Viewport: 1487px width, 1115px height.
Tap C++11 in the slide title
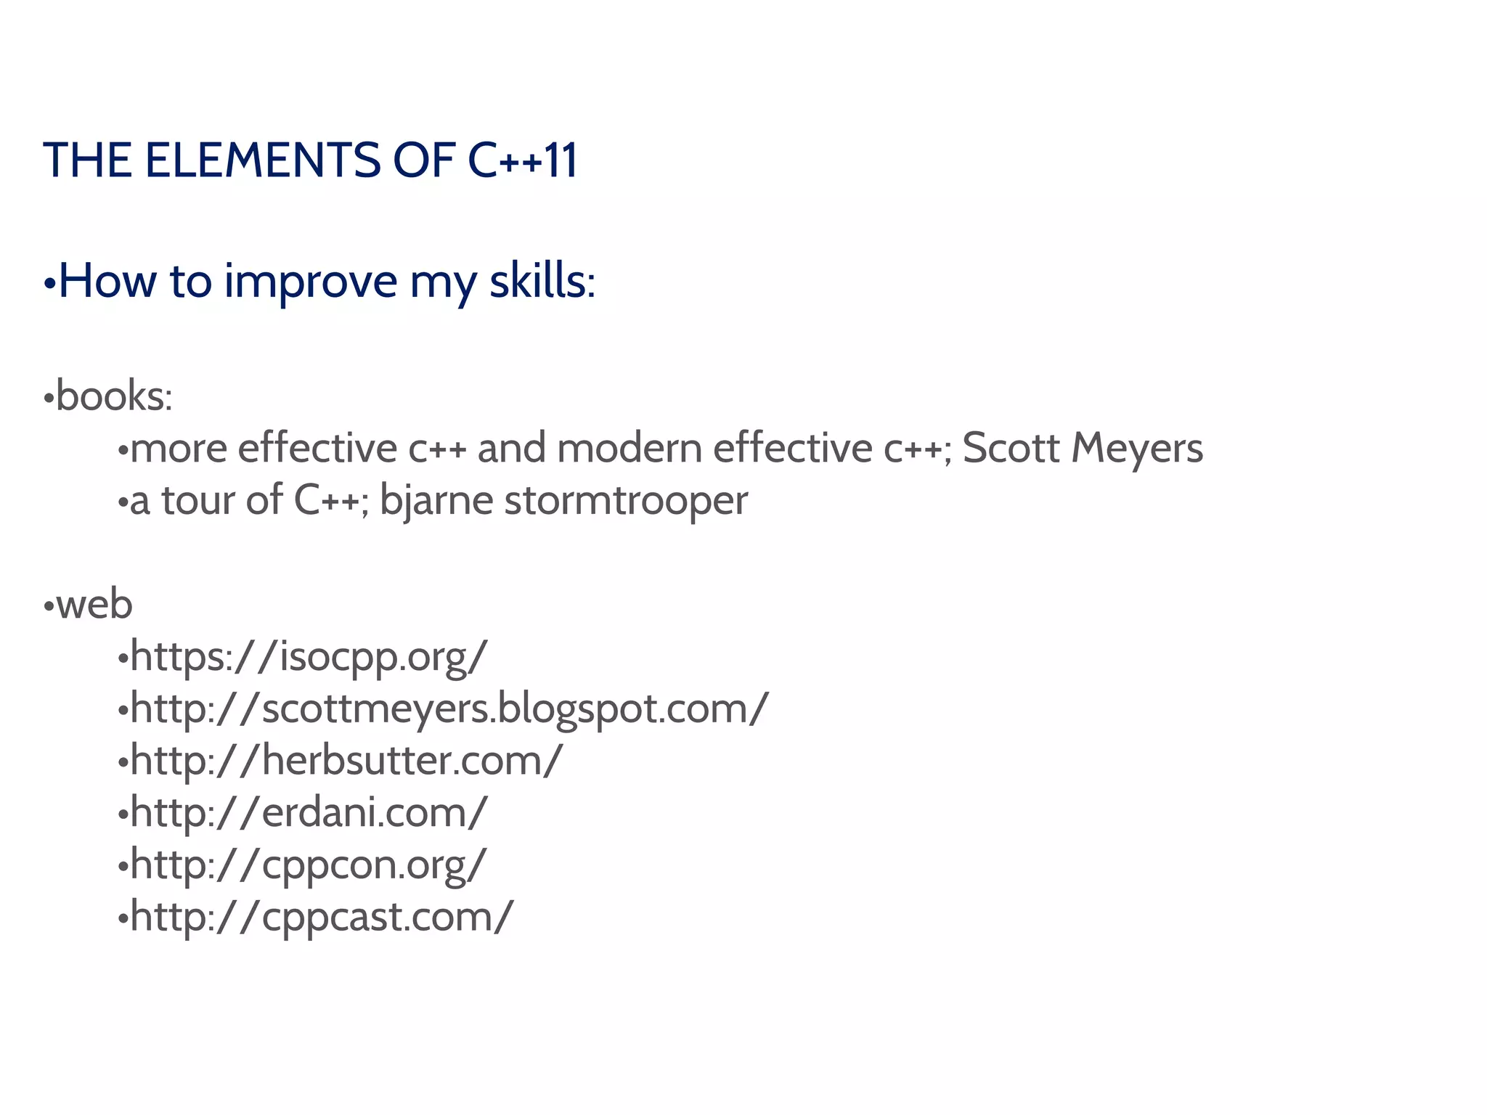click(x=523, y=160)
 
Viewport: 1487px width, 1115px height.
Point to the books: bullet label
click(x=113, y=396)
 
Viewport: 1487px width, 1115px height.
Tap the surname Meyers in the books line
click(x=1137, y=448)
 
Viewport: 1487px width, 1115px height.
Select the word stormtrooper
click(x=626, y=500)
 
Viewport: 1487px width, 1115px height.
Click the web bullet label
click(x=94, y=605)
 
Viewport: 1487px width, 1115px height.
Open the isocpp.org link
click(x=309, y=657)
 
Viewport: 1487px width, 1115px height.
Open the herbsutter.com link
click(x=346, y=761)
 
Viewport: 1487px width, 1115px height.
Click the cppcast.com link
click(x=321, y=917)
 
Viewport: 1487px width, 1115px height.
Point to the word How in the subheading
click(x=107, y=282)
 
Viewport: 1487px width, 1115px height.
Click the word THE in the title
click(x=87, y=160)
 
